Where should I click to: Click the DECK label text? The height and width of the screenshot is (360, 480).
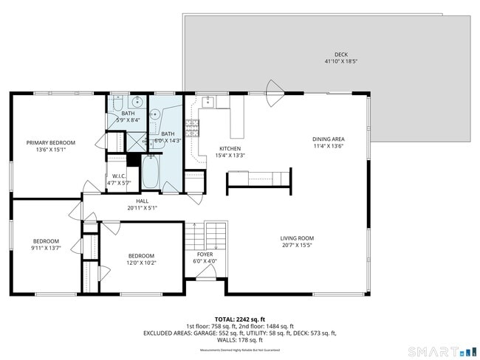(340, 55)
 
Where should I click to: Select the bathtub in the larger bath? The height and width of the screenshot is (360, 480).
(151, 172)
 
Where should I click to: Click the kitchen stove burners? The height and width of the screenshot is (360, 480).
(193, 129)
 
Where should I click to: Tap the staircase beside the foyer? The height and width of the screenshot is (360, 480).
(214, 235)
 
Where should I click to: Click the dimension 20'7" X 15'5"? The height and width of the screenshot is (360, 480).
(297, 245)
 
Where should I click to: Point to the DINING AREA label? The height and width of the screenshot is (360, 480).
(329, 139)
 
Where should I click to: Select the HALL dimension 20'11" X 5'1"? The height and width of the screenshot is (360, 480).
(143, 207)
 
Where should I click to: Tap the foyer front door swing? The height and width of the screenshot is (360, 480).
(208, 271)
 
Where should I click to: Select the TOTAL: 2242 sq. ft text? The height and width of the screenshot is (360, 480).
(239, 319)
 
